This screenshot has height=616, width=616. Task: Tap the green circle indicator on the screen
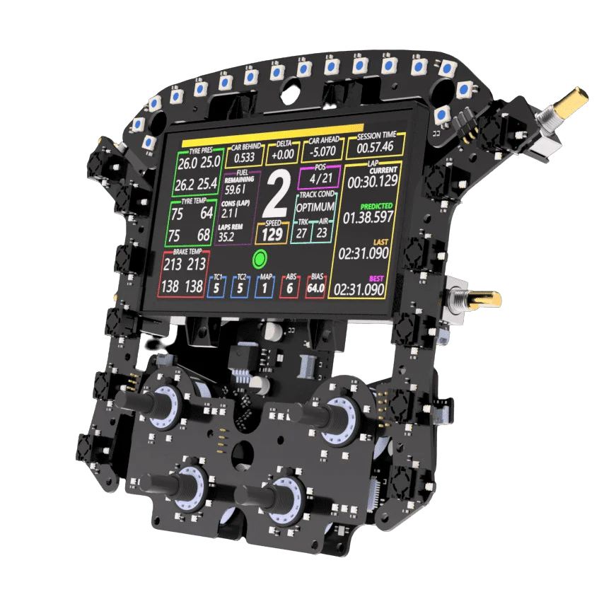[x=260, y=259]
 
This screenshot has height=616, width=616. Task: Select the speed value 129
[x=272, y=235]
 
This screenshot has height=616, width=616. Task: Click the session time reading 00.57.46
[x=375, y=146]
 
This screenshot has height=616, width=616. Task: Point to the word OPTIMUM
[x=315, y=207]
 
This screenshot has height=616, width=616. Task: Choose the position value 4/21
[x=320, y=179]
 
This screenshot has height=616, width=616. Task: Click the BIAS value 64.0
[x=315, y=288]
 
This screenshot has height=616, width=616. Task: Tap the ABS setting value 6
[x=289, y=288]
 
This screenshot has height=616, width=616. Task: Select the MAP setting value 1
[x=265, y=288]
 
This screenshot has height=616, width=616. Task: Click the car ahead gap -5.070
[x=322, y=151]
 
